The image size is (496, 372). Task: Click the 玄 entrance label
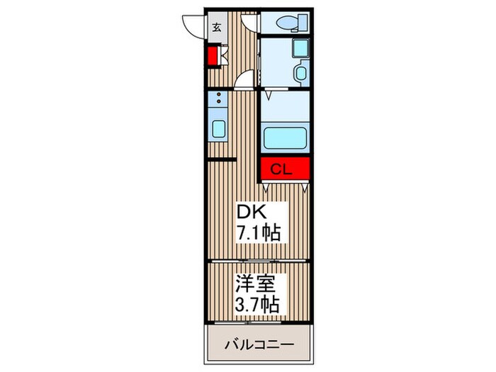click(x=217, y=28)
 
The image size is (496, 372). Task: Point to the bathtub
click(x=285, y=136)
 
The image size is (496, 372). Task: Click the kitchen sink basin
click(x=218, y=130)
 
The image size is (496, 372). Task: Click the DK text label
click(x=249, y=211)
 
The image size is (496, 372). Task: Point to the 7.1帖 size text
click(x=259, y=232)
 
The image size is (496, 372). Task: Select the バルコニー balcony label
click(x=259, y=346)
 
